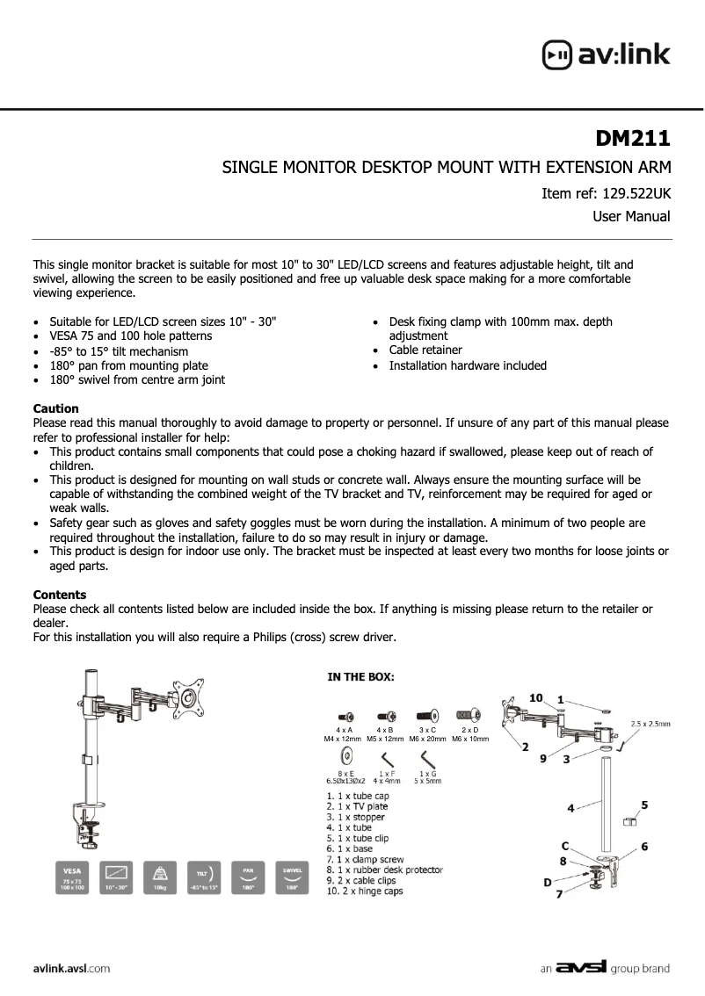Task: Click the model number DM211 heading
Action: click(633, 139)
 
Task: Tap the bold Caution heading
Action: click(55, 408)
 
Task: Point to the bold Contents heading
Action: click(59, 595)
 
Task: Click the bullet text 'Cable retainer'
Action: click(425, 350)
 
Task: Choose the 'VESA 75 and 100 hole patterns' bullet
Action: click(130, 336)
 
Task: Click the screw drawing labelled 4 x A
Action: click(345, 716)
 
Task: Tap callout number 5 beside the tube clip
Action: click(644, 805)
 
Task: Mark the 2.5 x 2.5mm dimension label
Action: click(650, 725)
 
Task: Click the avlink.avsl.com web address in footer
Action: click(71, 969)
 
